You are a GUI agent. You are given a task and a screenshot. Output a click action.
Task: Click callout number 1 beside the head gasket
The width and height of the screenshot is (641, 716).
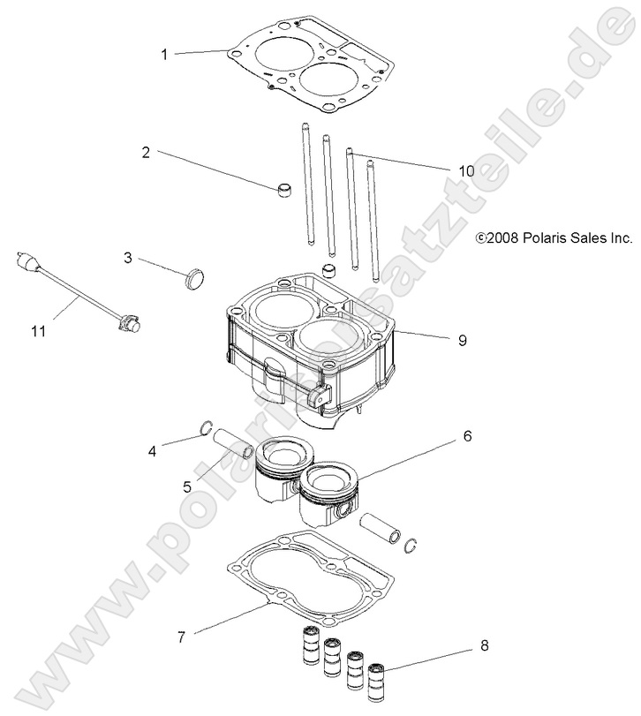click(x=164, y=54)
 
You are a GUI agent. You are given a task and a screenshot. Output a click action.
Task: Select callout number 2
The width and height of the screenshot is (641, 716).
click(x=147, y=152)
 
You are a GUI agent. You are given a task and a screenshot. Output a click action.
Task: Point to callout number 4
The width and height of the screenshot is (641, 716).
click(x=152, y=452)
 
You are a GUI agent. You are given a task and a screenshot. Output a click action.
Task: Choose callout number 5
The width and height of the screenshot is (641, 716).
click(x=186, y=486)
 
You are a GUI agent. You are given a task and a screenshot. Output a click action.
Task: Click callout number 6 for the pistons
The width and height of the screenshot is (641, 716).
click(x=467, y=435)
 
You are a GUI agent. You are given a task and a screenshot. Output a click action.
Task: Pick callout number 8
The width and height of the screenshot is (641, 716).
click(x=483, y=646)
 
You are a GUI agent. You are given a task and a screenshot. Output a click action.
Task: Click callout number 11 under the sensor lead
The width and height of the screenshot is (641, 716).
click(x=38, y=331)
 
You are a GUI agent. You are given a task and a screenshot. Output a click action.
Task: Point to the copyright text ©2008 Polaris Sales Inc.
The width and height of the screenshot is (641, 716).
click(x=553, y=237)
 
